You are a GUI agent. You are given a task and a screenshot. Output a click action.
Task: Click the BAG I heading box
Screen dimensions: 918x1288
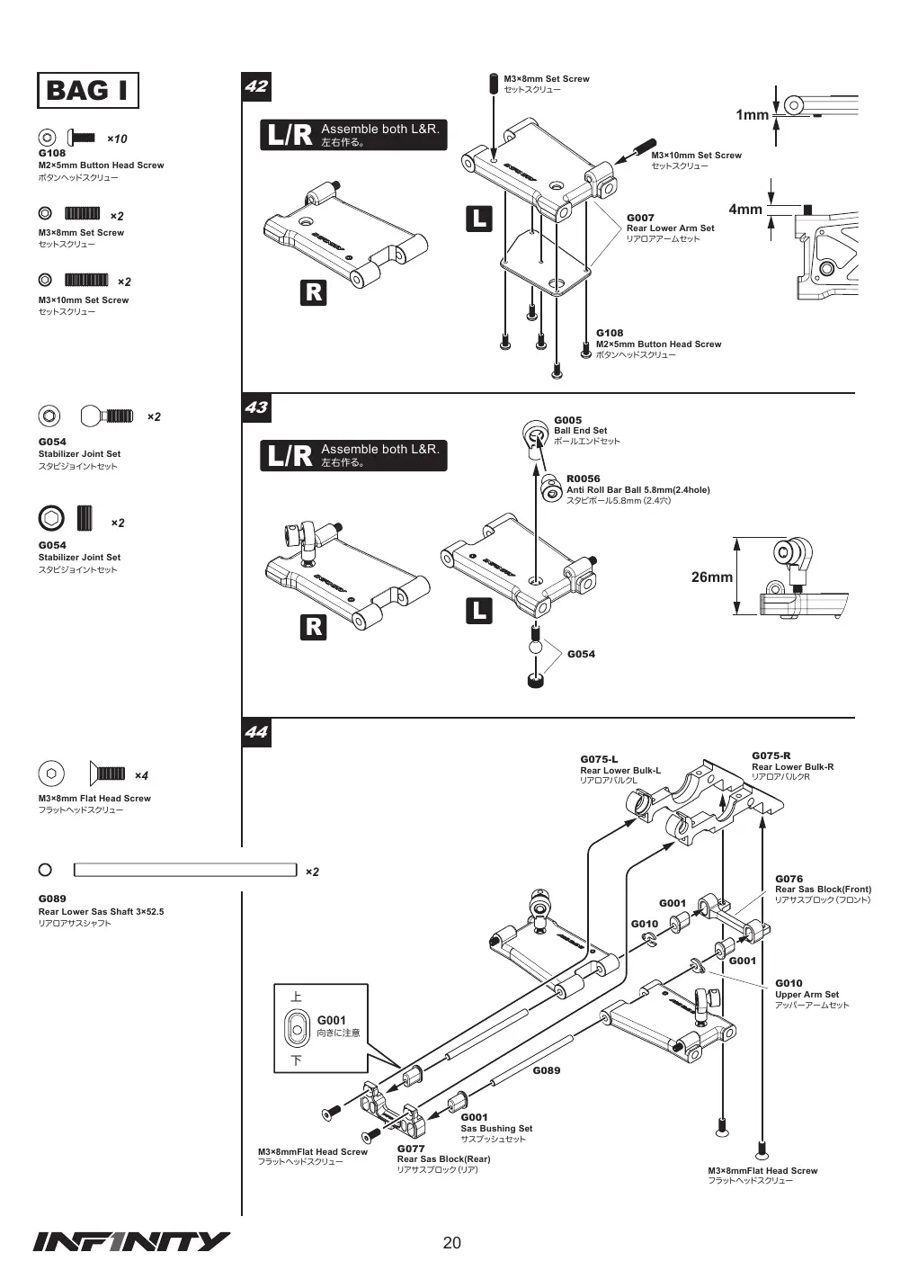point(87,90)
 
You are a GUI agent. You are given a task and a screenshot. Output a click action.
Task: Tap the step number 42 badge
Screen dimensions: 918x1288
point(256,87)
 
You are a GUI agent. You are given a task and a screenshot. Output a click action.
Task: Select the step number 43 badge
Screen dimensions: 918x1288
point(256,407)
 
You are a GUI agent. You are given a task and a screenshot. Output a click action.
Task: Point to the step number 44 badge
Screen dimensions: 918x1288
point(256,732)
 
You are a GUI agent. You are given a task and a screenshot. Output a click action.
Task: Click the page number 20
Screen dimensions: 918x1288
point(452,1242)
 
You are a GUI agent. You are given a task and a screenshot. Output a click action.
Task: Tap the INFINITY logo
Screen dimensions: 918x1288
point(131,1242)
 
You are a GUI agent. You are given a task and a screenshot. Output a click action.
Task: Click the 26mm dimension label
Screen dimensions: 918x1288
point(711,577)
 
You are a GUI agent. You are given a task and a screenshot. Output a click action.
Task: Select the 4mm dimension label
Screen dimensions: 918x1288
point(745,210)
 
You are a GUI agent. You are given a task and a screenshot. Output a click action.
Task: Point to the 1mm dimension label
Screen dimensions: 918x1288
point(752,115)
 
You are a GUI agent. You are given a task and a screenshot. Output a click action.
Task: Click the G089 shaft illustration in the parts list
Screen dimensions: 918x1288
point(185,870)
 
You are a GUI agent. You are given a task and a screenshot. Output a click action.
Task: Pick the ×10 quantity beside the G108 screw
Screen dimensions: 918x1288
point(117,139)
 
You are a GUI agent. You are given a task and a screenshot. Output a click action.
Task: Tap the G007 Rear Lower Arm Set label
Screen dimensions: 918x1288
point(670,228)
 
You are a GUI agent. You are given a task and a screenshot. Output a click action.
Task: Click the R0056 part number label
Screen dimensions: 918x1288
point(583,479)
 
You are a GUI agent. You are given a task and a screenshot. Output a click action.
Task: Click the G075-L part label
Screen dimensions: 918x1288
point(599,759)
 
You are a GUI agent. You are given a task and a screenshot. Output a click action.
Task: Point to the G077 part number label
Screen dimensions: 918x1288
point(411,1149)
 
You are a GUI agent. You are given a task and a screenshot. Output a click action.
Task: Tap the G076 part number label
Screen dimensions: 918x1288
point(789,879)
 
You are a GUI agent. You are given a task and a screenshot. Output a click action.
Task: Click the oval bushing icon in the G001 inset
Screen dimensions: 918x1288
point(298,1029)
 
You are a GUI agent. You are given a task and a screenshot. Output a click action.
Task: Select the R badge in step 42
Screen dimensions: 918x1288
point(313,292)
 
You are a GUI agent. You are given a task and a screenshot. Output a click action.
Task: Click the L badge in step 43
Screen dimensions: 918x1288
point(479,611)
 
